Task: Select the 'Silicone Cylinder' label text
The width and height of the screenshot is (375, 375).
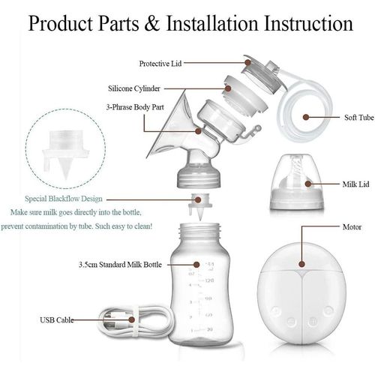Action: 156,88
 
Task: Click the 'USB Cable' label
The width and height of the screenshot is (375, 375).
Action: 57,319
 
